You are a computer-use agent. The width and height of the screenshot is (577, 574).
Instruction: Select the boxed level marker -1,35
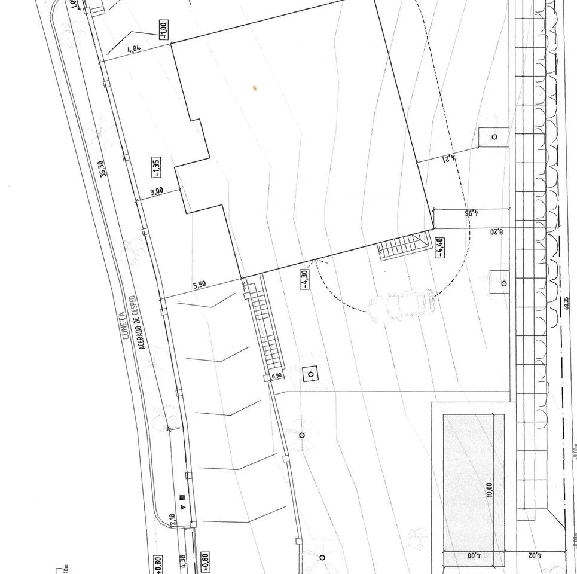pyautogui.click(x=155, y=168)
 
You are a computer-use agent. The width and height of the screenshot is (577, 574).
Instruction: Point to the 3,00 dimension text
pyautogui.click(x=156, y=191)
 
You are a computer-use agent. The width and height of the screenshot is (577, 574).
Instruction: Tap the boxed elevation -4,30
pyautogui.click(x=306, y=277)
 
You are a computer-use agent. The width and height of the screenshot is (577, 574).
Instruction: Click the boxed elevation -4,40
pyautogui.click(x=439, y=247)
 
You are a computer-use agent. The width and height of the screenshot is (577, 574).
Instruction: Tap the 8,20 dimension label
pyautogui.click(x=496, y=230)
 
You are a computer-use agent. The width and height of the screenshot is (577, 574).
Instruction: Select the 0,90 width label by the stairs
pyautogui.click(x=276, y=376)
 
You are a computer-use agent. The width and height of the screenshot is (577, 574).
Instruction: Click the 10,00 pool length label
pyautogui.click(x=490, y=489)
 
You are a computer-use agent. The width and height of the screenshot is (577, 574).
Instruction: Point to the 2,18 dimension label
pyautogui.click(x=173, y=520)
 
